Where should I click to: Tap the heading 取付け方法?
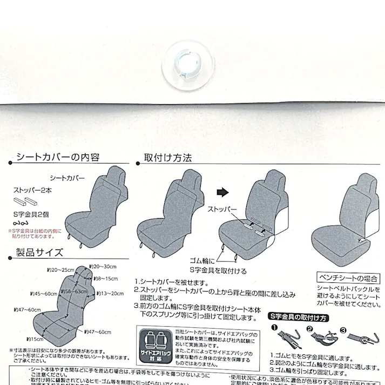(x=167, y=158)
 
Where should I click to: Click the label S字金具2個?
(x=31, y=214)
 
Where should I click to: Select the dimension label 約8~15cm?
(x=105, y=279)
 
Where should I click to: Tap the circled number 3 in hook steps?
(x=342, y=328)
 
